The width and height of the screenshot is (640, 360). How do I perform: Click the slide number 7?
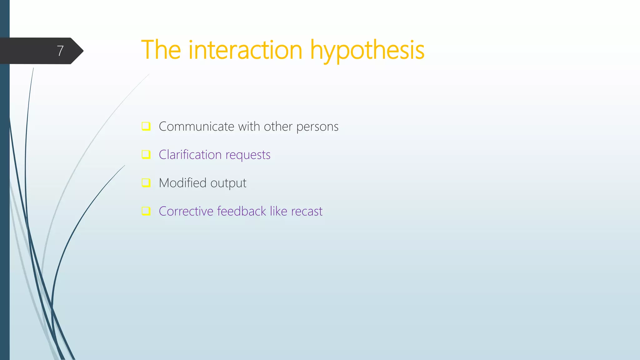(x=60, y=51)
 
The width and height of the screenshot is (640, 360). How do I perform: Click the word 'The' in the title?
(x=161, y=50)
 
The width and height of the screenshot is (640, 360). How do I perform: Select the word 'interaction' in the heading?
(x=245, y=50)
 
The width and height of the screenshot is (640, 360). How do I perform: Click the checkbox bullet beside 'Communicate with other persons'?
(x=146, y=126)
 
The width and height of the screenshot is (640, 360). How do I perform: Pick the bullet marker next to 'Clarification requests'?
(x=146, y=154)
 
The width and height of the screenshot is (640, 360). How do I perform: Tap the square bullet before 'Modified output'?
(x=146, y=182)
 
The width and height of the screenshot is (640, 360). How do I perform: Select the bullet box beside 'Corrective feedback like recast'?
(x=146, y=211)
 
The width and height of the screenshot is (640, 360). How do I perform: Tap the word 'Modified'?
(x=182, y=183)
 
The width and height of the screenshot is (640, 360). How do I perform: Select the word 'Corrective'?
(x=186, y=211)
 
